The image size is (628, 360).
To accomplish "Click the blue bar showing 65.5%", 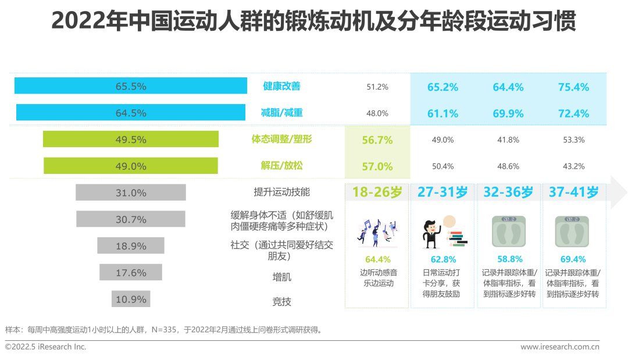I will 131,86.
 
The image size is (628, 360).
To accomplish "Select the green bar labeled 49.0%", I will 131,166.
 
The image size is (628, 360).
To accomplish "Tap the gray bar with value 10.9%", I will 131,299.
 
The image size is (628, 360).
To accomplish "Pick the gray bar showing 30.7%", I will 131,219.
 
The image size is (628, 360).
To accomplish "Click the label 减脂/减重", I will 282,113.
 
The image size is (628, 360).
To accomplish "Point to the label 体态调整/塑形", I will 282,140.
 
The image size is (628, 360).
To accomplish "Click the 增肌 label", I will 282,277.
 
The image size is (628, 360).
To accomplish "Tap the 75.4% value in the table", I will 573,87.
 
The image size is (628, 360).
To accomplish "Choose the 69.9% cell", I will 508,113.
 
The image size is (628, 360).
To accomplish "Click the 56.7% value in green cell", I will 377,140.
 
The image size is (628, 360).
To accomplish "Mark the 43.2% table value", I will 573,166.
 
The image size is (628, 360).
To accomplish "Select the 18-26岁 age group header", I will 377,192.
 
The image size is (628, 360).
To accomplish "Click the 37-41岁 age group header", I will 573,192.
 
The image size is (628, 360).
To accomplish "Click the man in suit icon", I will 433,233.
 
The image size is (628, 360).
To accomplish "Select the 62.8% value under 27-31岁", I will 443,259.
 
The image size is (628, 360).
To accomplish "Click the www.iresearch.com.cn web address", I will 559,347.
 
